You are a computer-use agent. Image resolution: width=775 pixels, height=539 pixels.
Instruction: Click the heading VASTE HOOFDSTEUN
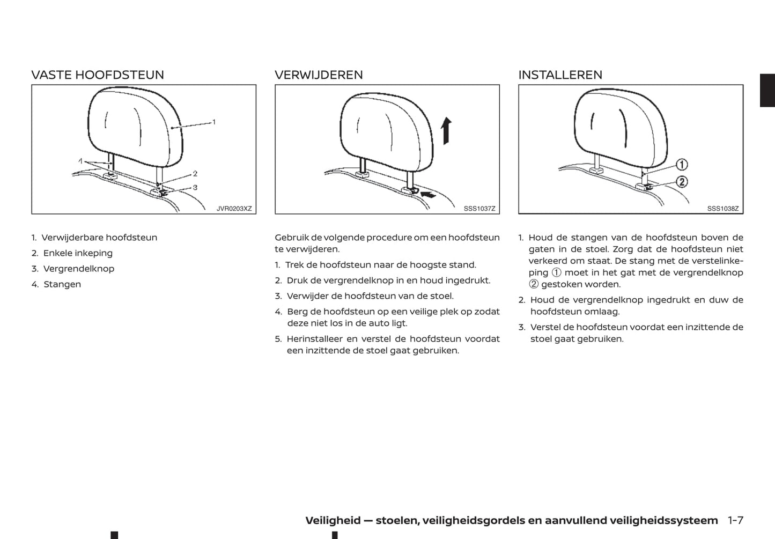click(x=98, y=75)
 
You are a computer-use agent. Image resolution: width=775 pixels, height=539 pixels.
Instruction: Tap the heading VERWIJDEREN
click(x=319, y=75)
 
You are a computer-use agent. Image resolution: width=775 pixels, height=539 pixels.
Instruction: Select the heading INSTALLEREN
click(x=560, y=75)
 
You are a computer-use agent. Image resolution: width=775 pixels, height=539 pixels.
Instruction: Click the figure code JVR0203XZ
click(x=234, y=209)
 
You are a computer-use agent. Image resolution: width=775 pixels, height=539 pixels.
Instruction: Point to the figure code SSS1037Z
click(x=479, y=209)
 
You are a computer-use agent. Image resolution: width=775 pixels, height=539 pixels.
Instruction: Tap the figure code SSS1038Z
click(x=723, y=209)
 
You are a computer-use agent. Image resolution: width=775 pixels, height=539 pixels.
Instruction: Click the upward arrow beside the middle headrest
click(x=446, y=131)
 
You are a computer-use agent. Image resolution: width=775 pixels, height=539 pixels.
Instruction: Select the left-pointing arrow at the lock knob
click(x=429, y=195)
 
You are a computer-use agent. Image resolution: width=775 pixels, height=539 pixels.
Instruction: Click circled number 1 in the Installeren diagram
click(x=682, y=164)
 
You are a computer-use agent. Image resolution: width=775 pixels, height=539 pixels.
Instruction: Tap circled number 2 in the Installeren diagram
click(x=682, y=182)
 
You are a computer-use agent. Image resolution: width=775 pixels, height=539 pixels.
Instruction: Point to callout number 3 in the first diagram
click(x=195, y=188)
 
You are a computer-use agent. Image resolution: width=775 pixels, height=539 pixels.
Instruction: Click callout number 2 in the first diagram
click(x=195, y=174)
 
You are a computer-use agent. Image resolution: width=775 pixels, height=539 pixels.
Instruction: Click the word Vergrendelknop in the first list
click(x=79, y=269)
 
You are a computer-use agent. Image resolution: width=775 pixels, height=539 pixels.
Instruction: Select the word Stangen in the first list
click(x=62, y=284)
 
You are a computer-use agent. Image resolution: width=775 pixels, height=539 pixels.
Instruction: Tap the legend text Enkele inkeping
click(x=78, y=253)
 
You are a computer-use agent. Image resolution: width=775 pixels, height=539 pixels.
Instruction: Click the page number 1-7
click(x=735, y=520)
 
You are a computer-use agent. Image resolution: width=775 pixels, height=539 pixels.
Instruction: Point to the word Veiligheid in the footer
click(x=333, y=520)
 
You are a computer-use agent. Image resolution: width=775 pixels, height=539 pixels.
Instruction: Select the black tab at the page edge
click(x=767, y=90)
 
